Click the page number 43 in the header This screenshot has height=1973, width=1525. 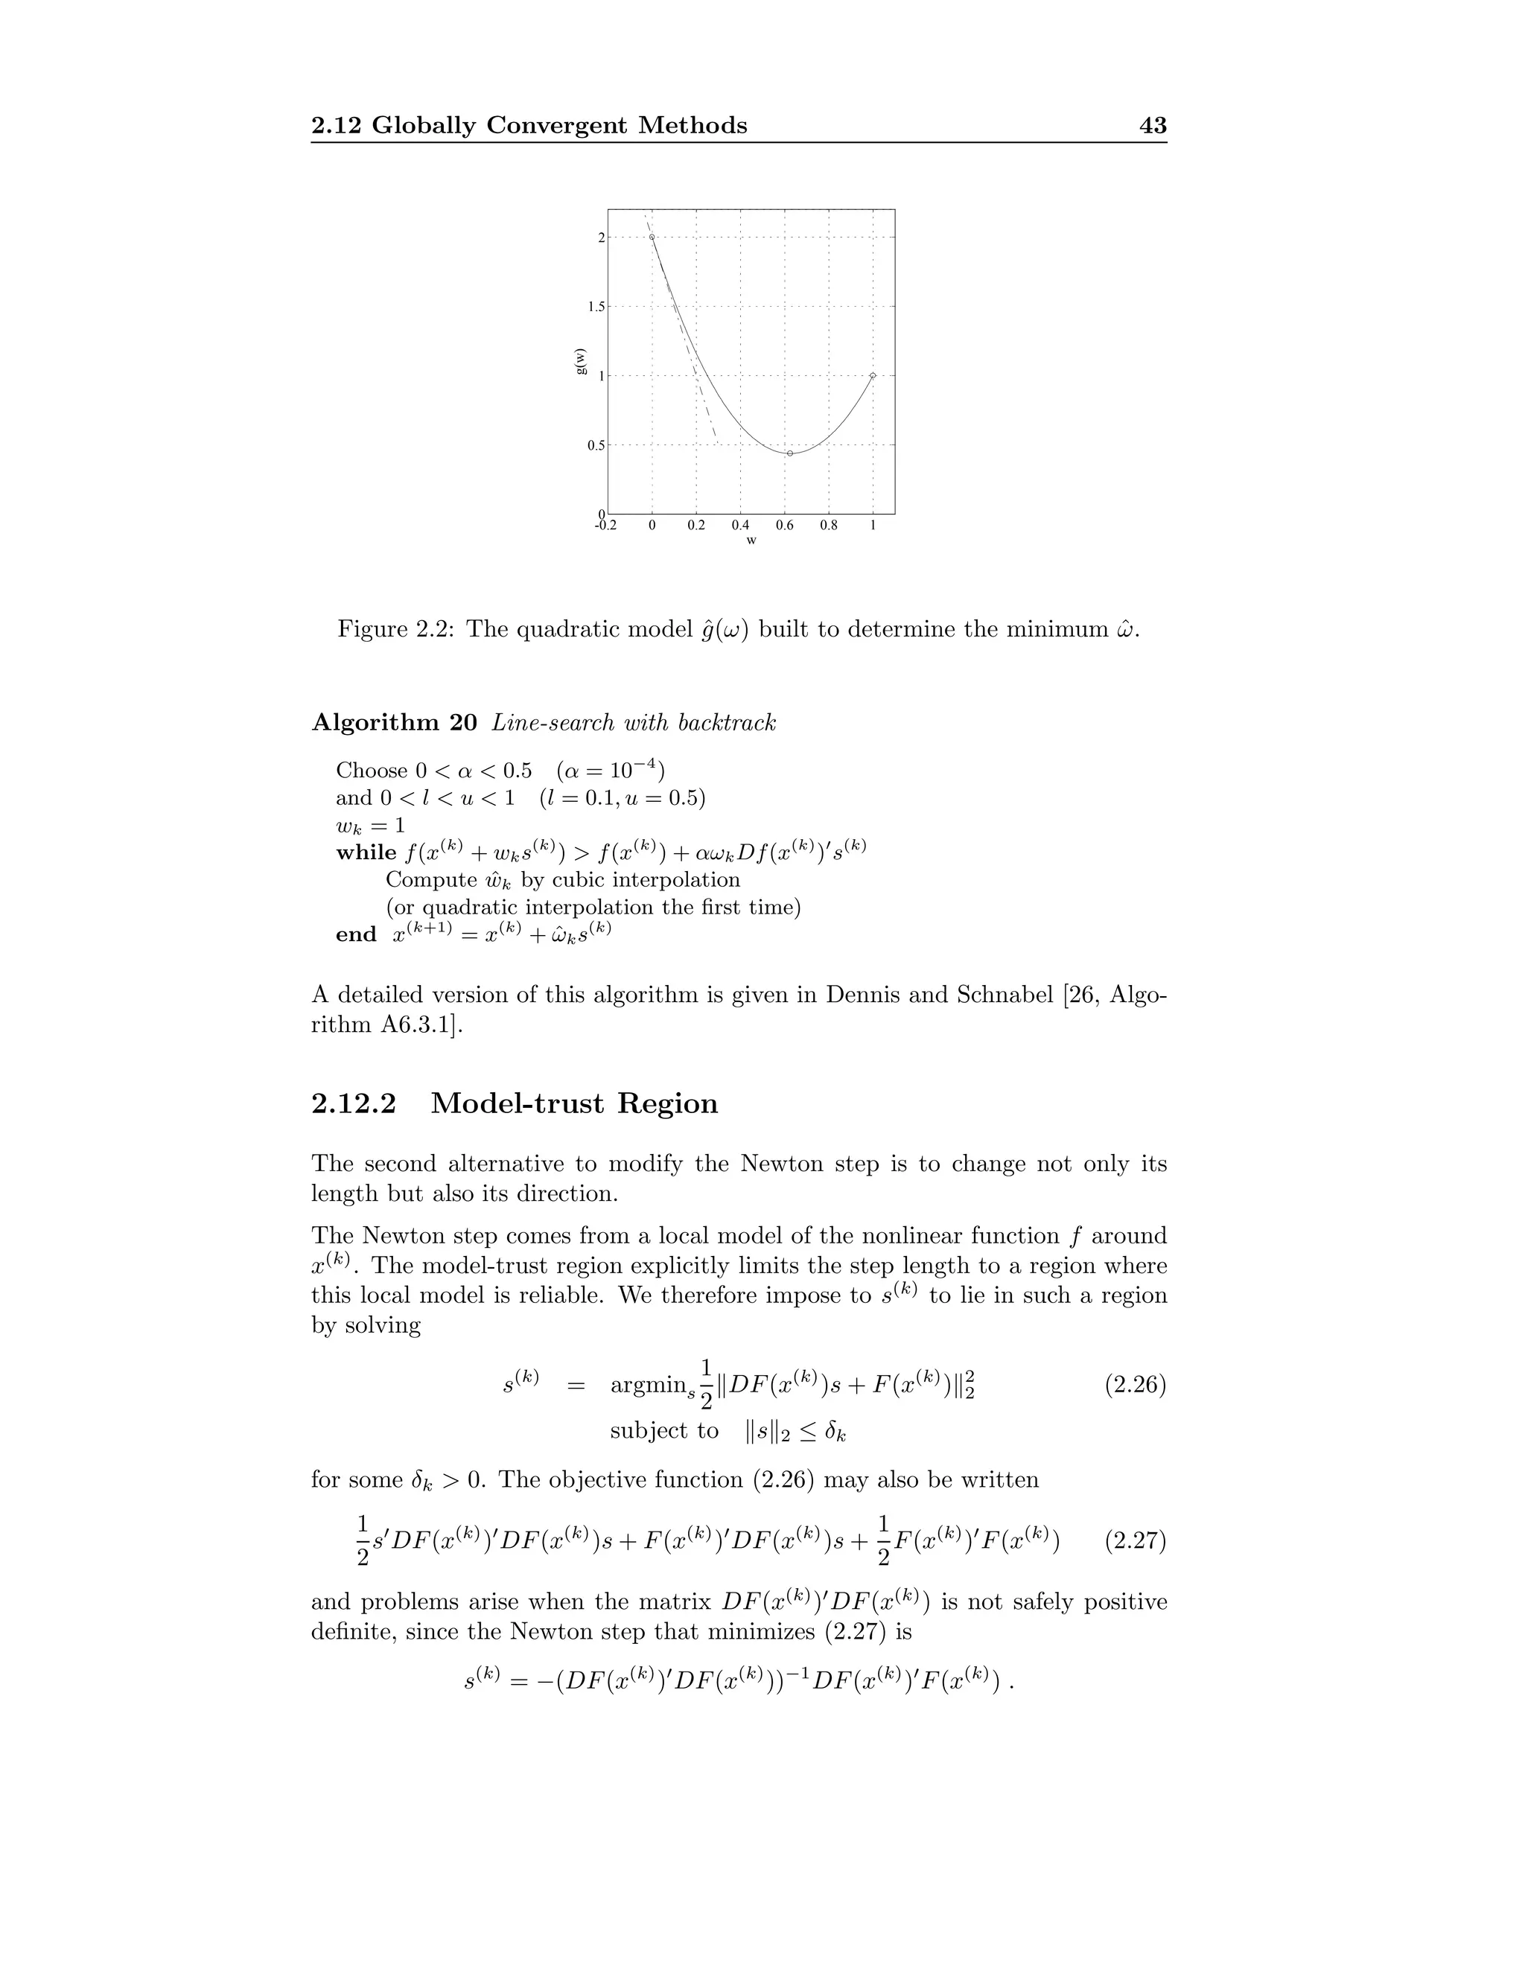click(x=1153, y=126)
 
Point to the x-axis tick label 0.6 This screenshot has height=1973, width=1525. click(x=784, y=525)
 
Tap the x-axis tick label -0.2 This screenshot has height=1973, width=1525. click(x=605, y=525)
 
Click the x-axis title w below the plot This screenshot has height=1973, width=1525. click(x=751, y=541)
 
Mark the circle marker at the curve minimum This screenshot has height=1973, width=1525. click(x=789, y=453)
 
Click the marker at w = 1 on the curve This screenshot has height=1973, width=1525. click(x=873, y=375)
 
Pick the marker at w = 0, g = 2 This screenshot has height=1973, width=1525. click(x=652, y=238)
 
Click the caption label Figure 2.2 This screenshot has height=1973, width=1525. click(x=397, y=630)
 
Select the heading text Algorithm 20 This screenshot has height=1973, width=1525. click(x=394, y=723)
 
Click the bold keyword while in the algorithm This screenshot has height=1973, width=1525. click(x=366, y=852)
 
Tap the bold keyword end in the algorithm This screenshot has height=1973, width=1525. click(x=356, y=935)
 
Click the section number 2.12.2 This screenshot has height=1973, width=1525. click(x=354, y=1104)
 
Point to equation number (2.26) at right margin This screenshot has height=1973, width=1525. click(x=1136, y=1385)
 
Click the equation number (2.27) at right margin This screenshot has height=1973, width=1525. click(x=1136, y=1540)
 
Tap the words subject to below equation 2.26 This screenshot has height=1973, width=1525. click(x=664, y=1431)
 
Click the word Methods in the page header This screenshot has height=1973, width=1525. click(x=693, y=126)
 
